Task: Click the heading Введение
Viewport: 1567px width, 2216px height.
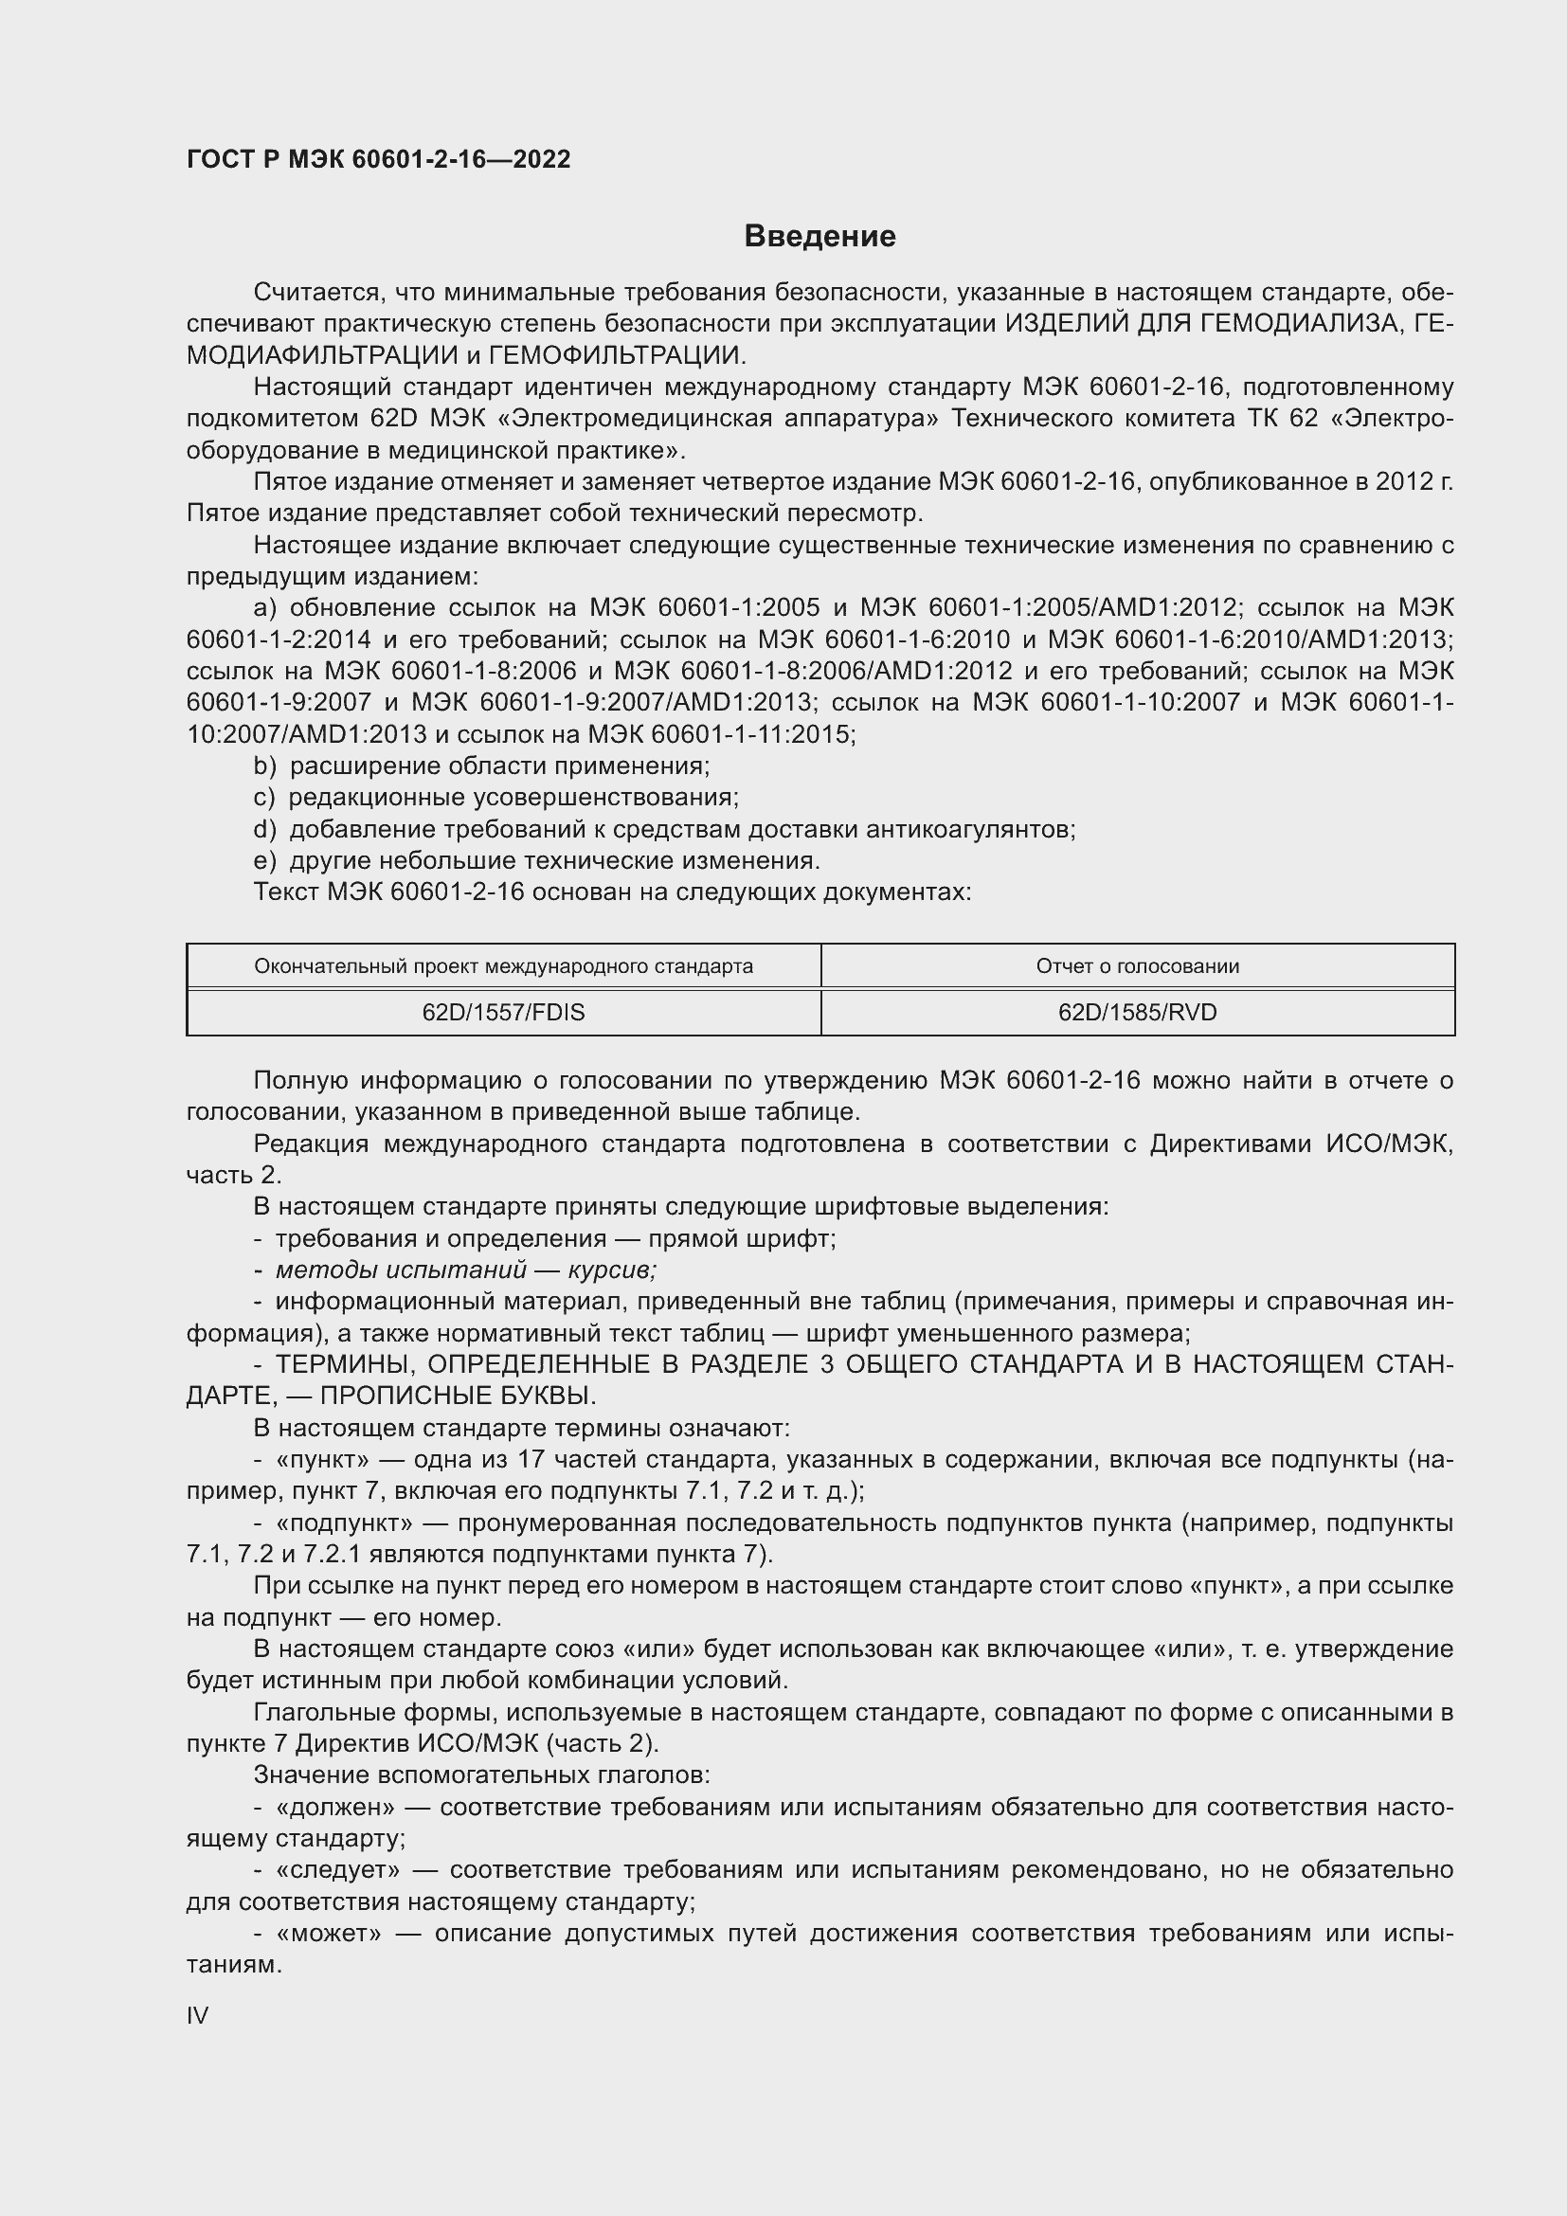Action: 820,237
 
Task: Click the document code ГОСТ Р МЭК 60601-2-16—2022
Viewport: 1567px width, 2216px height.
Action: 378,159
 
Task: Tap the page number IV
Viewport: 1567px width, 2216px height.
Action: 197,2015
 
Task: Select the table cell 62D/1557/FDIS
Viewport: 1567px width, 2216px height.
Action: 503,1013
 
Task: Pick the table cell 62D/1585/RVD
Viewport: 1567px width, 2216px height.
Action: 1137,1013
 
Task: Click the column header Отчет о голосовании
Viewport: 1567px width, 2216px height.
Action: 1137,966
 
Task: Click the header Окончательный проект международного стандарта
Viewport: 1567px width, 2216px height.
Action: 503,966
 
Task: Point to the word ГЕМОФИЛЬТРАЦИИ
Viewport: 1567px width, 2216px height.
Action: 617,355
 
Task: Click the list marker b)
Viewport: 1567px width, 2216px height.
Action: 264,766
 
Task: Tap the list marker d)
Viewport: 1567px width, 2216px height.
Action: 264,829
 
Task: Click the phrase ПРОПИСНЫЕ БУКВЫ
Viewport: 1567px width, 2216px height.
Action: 458,1396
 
